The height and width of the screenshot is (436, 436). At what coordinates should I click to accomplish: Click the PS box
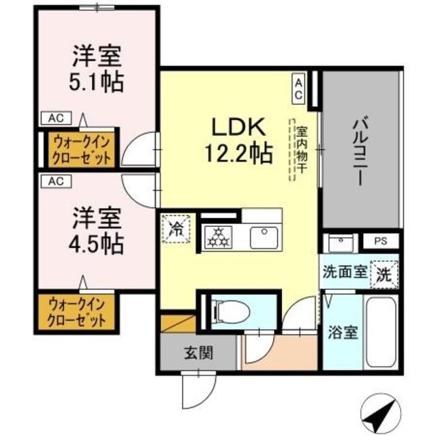point(379,240)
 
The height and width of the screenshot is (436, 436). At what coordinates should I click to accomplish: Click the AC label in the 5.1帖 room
point(56,118)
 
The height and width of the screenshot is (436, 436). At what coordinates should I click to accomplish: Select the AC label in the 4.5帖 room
point(56,181)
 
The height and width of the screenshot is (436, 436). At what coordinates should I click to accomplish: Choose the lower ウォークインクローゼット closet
point(76,312)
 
